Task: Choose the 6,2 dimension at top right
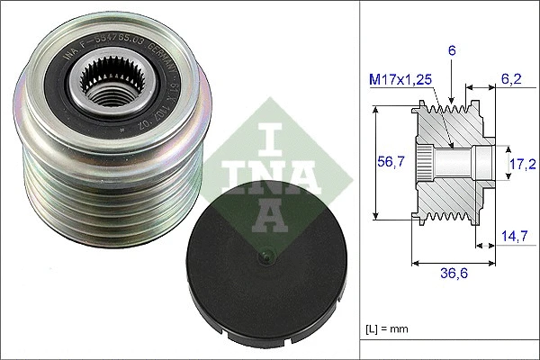click(510, 79)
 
